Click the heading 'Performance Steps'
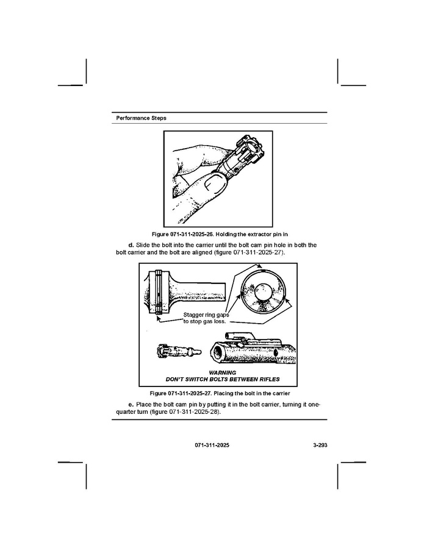coord(141,118)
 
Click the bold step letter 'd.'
coord(132,245)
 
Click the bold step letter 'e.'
coord(131,405)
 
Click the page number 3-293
coord(316,446)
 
